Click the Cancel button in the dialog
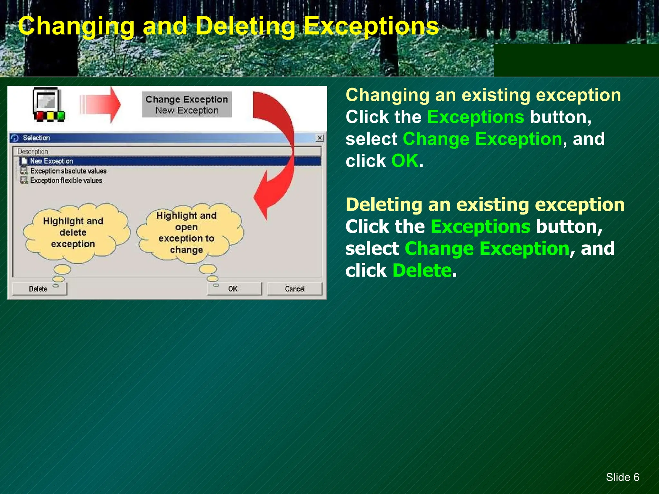(294, 288)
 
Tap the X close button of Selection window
(319, 138)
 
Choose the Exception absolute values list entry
(68, 171)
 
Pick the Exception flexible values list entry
(66, 180)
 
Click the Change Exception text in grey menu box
(187, 99)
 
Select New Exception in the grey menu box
(187, 110)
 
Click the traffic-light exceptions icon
(48, 105)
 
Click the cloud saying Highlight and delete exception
(73, 232)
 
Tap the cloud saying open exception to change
(187, 233)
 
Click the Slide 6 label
(622, 477)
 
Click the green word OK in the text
(405, 161)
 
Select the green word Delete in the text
(422, 270)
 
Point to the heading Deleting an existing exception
(485, 205)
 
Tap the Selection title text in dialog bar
(36, 138)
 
